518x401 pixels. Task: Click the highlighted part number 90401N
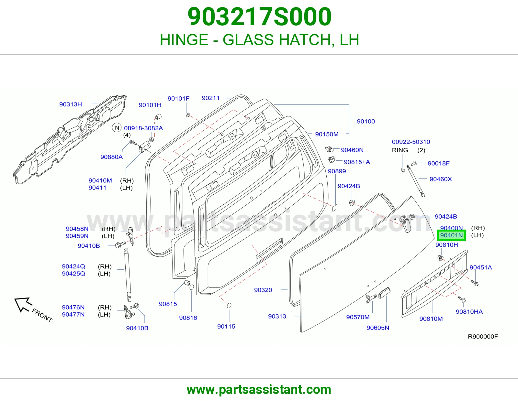[x=451, y=235]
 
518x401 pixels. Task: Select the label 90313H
[x=71, y=104]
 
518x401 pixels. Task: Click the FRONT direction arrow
[x=23, y=305]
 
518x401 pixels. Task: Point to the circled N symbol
[x=117, y=128]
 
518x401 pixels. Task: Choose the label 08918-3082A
[x=143, y=128]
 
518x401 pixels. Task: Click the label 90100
[x=366, y=121]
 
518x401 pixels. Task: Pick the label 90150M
[x=327, y=134]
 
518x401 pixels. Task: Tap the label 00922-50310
[x=411, y=142]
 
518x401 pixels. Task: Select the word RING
[x=400, y=150]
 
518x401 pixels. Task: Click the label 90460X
[x=441, y=179]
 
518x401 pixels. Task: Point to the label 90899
[x=337, y=171]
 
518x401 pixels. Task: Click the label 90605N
[x=378, y=328]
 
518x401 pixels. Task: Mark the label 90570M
[x=358, y=317]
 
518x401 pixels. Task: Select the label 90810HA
[x=469, y=312]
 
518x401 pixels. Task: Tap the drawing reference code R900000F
[x=483, y=336]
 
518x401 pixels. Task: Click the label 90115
[x=226, y=326]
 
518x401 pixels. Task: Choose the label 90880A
[x=112, y=157]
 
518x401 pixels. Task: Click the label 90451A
[x=481, y=267]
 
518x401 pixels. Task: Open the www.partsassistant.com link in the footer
[x=259, y=390]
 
